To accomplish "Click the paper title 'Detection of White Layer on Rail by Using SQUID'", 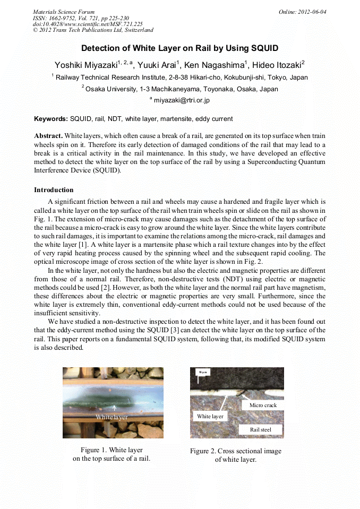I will tap(179, 48).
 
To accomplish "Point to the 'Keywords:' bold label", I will tap(51, 119).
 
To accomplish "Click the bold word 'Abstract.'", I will tap(48, 136).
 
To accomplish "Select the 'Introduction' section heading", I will tap(54, 189).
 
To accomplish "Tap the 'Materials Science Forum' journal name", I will tap(64, 12).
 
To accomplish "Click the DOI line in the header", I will tap(88, 24).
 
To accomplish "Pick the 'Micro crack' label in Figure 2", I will tap(263, 405).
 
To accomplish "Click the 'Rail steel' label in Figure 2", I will tap(260, 429).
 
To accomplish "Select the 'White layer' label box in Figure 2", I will tap(210, 417).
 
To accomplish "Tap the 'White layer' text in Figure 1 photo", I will tap(112, 417).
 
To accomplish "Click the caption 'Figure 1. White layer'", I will tap(112, 450).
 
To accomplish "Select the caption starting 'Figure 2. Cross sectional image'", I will tap(235, 451).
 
